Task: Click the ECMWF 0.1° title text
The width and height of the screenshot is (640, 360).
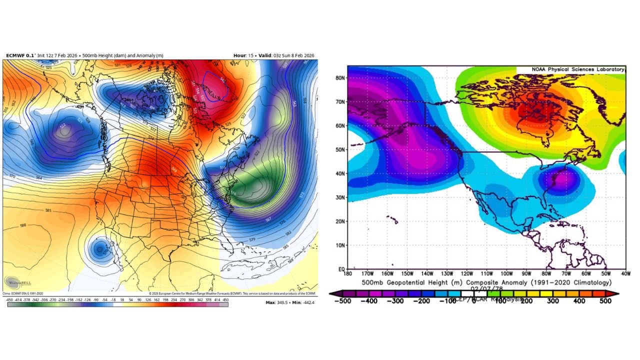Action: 20,55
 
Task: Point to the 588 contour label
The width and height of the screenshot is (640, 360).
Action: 23,225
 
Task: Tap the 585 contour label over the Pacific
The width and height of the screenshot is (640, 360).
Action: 48,210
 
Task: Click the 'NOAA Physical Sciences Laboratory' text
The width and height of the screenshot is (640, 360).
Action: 570,69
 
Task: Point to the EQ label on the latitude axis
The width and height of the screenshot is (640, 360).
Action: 340,269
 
